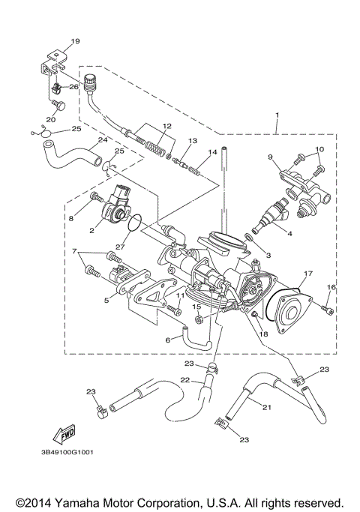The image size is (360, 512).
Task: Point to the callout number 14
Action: (x=212, y=152)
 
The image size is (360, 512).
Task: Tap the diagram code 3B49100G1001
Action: (x=65, y=453)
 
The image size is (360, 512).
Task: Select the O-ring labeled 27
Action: (x=135, y=222)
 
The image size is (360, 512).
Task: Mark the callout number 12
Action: (x=167, y=126)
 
